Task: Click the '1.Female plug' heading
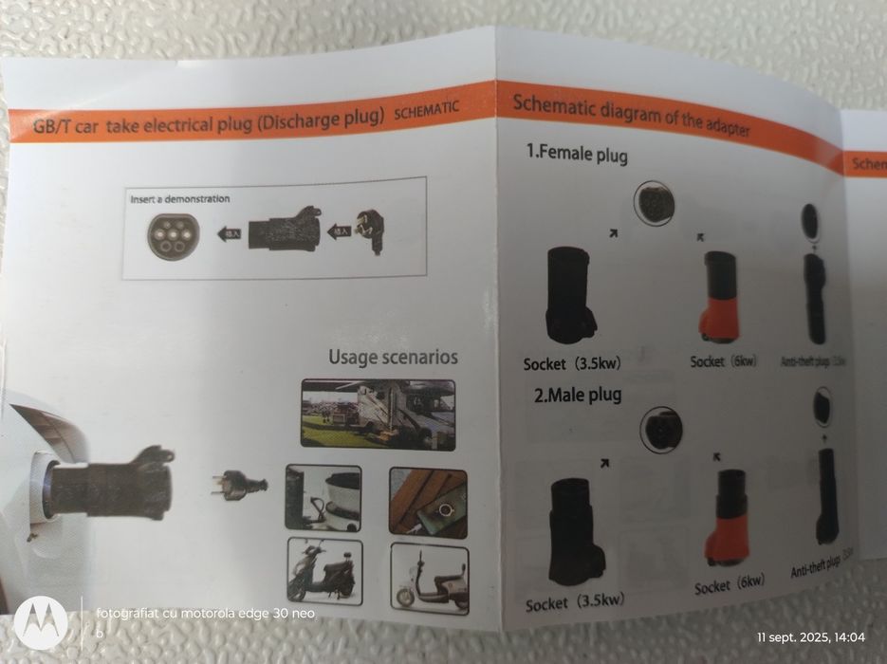point(578,153)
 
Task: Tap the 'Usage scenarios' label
point(393,358)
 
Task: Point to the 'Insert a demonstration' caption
point(180,199)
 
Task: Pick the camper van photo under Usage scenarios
point(377,414)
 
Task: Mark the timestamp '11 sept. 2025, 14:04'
point(811,636)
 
